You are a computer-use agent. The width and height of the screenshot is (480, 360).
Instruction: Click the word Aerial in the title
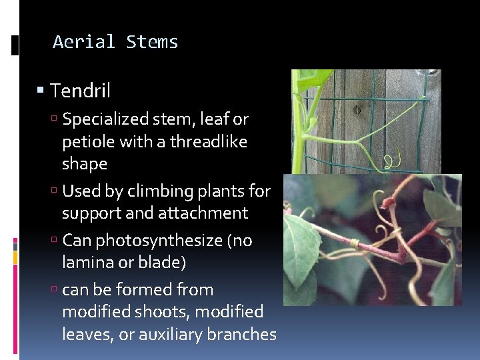coord(84,42)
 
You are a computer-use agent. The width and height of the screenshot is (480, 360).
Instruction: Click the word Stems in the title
coord(152,42)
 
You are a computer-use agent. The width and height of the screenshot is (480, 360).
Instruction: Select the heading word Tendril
coord(80,90)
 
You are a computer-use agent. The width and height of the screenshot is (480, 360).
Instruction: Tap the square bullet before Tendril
coord(41,90)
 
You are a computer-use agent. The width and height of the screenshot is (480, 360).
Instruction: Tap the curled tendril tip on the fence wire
coord(392,160)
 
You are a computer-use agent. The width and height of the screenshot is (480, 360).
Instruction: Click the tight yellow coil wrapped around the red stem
coord(356,244)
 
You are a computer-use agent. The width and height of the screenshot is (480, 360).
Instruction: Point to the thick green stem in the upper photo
coord(298,133)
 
